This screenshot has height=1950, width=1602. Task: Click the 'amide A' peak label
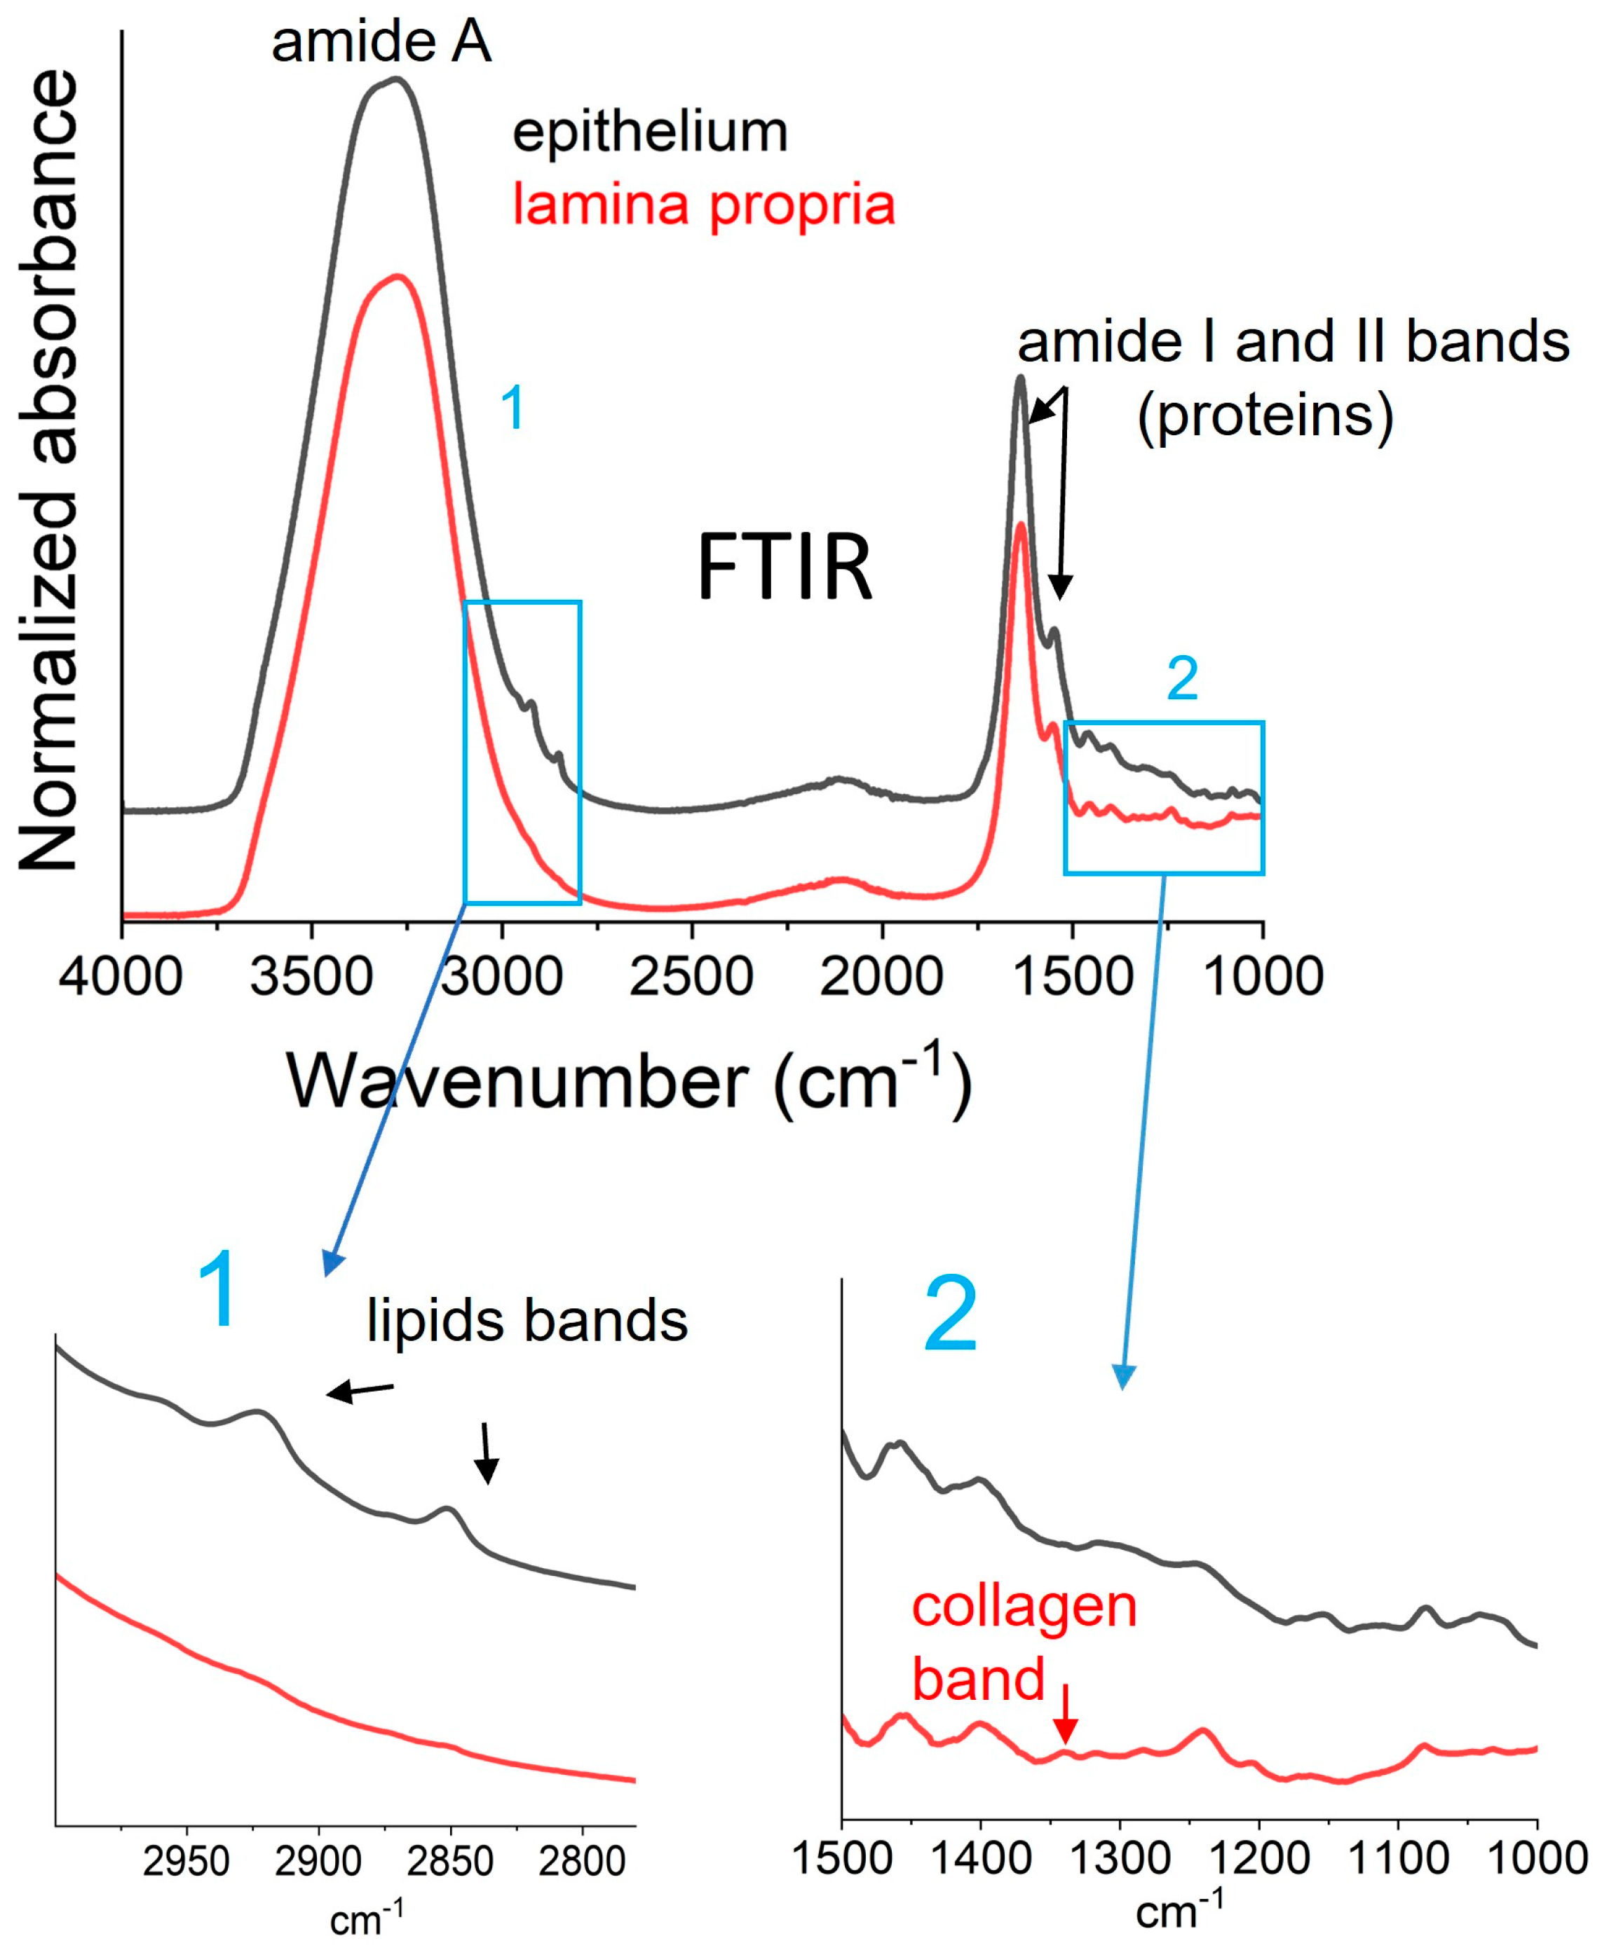(x=381, y=43)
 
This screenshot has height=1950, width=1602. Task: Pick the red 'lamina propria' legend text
(x=703, y=204)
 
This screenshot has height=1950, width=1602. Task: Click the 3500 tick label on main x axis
(x=311, y=976)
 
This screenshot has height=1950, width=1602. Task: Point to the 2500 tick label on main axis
(x=691, y=976)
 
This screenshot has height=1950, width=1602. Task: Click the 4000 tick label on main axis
(x=121, y=976)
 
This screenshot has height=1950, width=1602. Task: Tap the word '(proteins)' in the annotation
(x=1264, y=416)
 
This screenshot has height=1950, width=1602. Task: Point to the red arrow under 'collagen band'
(x=1066, y=1716)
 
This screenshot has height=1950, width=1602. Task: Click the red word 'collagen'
(x=1024, y=1606)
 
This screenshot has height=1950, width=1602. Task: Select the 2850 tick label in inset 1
(x=449, y=1862)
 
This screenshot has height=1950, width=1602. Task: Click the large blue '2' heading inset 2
(x=951, y=1314)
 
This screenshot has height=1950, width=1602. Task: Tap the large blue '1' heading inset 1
(x=219, y=1289)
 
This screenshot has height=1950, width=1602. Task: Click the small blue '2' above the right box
(x=1182, y=679)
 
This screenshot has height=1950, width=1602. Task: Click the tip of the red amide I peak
(x=1021, y=525)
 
